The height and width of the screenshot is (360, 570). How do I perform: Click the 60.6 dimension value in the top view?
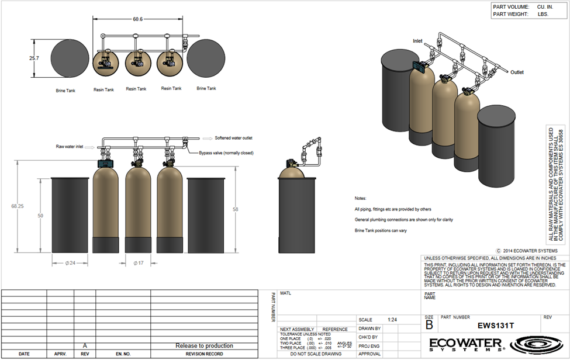click(137, 19)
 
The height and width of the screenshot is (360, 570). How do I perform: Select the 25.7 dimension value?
click(33, 58)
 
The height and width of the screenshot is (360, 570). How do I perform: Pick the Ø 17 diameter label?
click(139, 263)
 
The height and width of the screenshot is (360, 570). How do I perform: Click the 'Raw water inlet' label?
click(70, 147)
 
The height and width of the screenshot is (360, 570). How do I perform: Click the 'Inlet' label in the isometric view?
click(417, 41)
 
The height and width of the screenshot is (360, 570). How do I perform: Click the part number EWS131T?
click(496, 326)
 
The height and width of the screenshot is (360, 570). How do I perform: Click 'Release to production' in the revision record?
click(204, 345)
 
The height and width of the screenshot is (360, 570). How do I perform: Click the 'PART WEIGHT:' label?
click(511, 14)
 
